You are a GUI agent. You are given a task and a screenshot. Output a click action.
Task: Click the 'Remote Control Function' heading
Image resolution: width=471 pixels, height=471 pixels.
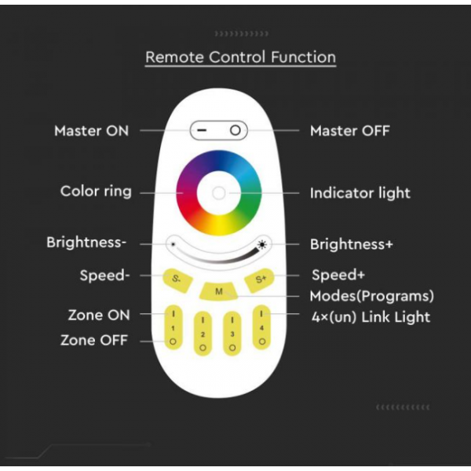(240, 57)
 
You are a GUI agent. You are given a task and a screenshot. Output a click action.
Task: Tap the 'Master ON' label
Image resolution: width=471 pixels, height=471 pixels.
(91, 130)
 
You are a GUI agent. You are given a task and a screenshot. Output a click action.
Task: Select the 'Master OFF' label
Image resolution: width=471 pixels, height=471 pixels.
(349, 130)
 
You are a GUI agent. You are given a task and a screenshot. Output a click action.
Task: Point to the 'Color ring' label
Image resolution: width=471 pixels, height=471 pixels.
(96, 192)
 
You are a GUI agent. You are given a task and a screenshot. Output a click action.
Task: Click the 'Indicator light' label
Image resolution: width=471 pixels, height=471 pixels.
(360, 192)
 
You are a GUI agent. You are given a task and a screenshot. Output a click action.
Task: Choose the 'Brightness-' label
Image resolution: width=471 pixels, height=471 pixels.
(86, 243)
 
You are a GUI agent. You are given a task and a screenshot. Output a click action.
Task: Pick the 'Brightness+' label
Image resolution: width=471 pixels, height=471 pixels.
(351, 244)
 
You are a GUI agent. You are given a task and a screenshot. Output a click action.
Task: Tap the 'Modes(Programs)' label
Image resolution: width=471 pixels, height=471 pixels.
(371, 296)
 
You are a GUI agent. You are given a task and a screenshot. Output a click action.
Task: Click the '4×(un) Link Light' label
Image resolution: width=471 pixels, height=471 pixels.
(370, 316)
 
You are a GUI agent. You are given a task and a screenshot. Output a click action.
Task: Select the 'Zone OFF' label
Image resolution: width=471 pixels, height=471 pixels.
(94, 341)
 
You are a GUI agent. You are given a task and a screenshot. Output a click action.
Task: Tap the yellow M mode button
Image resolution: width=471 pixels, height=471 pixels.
(219, 291)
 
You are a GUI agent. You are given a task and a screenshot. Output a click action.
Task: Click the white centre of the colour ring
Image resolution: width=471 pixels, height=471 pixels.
(219, 192)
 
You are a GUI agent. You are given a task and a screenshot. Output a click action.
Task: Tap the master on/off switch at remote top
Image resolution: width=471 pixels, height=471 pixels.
(218, 130)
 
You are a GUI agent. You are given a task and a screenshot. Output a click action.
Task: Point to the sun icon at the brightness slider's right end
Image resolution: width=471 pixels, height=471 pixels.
(265, 244)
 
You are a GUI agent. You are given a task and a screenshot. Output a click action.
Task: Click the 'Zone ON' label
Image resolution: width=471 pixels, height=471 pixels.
(98, 315)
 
